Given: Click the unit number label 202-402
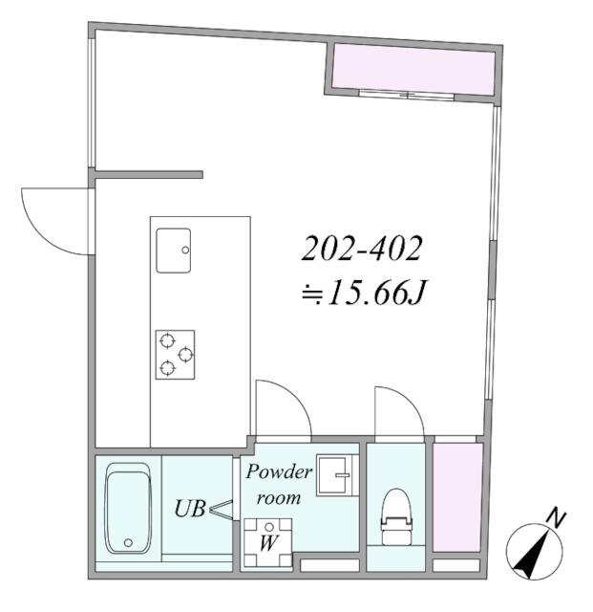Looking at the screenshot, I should (362, 251).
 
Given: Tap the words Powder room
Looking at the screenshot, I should (280, 485).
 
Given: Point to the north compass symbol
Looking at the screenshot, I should (529, 554).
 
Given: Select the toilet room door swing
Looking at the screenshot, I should (398, 411).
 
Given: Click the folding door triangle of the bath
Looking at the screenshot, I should (221, 511).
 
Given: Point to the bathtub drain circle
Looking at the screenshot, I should (126, 543).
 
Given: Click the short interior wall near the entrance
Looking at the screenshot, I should (149, 175).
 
